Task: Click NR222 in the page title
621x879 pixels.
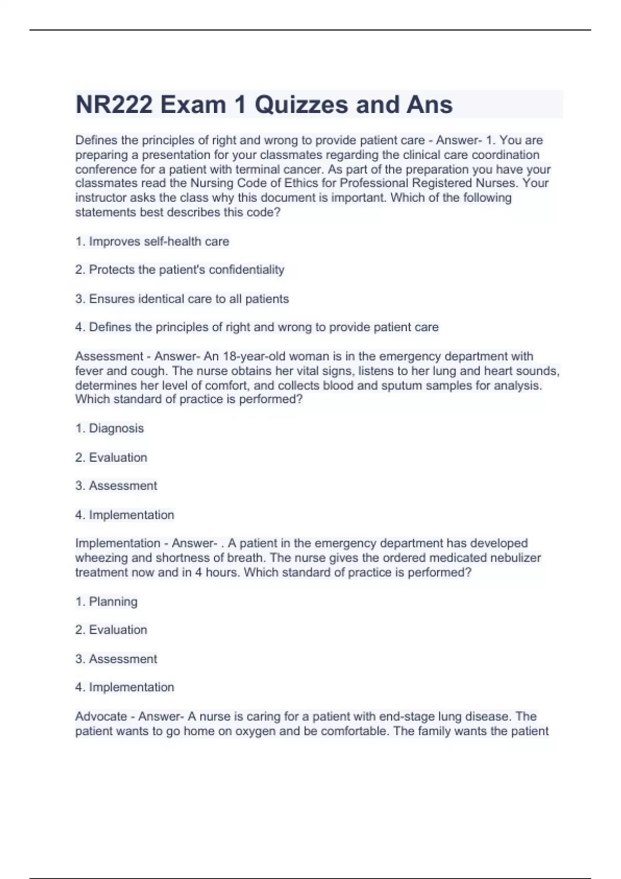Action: [x=114, y=104]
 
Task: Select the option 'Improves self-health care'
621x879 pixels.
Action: [x=159, y=241]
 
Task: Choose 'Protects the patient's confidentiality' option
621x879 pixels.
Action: [x=186, y=270]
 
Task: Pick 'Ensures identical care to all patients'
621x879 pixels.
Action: [x=188, y=299]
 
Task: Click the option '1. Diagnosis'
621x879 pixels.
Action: [x=116, y=428]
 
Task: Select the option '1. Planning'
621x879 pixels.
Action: [x=113, y=601]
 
